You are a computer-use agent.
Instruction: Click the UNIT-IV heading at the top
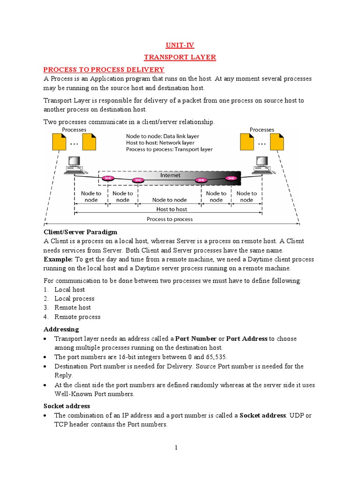coord(180,45)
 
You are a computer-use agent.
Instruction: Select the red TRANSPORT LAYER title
coord(180,57)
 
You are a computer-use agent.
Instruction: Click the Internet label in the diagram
coord(170,175)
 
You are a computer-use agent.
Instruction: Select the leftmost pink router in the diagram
coord(108,179)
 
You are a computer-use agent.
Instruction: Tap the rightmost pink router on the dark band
coord(231,178)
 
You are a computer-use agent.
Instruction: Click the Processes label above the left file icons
coord(74,130)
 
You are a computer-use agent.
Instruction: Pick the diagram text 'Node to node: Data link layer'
coord(163,136)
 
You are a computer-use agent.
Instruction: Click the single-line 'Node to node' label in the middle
coord(169,200)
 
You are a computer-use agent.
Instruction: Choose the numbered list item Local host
coord(69,290)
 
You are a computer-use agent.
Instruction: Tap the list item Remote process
coord(77,317)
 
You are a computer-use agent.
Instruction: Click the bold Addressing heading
coord(61,329)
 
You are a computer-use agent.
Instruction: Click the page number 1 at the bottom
coord(176,448)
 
